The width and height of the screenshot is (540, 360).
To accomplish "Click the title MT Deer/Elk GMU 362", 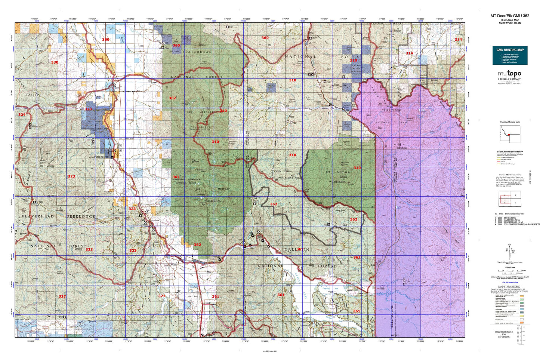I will (x=510, y=16).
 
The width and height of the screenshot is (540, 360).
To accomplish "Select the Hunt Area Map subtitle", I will (x=510, y=20).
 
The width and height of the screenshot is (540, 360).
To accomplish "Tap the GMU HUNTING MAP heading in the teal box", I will (x=510, y=50).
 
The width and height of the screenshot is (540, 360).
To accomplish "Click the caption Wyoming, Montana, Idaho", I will (x=510, y=122).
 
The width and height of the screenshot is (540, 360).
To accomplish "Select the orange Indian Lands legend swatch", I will (x=521, y=322).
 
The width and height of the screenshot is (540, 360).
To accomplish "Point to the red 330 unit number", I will (x=55, y=62).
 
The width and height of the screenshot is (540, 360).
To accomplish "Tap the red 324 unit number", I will (x=22, y=114).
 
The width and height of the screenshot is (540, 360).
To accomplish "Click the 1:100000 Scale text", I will (x=510, y=267).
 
